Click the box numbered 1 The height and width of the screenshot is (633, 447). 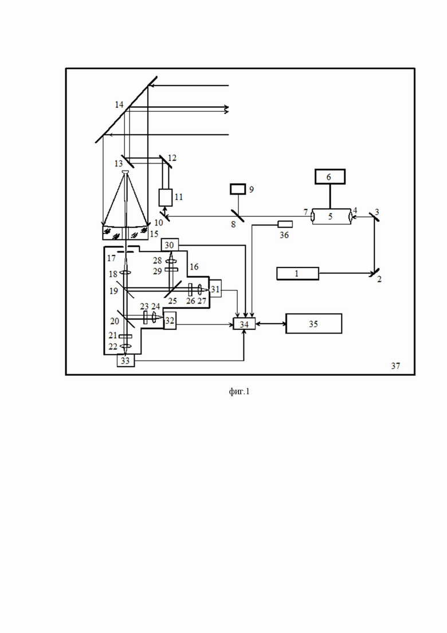pos(297,273)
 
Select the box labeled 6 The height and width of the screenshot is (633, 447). pos(330,176)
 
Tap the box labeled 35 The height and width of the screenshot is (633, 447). pos(314,323)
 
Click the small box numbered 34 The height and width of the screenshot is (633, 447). pos(244,324)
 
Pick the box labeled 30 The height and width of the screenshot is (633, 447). pos(170,244)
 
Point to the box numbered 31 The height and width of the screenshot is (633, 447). pos(215,288)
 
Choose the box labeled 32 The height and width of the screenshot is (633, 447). pos(170,321)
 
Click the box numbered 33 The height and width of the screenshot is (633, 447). pos(126,360)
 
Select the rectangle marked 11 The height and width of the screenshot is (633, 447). pos(165,197)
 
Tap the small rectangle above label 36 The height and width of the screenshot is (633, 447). pos(285,224)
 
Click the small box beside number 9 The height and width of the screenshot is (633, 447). pos(238,189)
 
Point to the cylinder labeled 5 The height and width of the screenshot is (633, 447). pos(331,216)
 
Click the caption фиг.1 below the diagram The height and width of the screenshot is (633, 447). pos(240,391)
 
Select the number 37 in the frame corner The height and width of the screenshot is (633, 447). pos(395,366)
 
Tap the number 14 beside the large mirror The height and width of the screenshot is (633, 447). pos(119,104)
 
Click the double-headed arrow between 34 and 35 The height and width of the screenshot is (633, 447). pos(270,324)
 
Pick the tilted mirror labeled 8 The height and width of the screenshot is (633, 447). pos(237,216)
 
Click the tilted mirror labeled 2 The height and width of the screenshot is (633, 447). pos(374,273)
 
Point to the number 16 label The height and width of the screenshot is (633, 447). pos(194,266)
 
